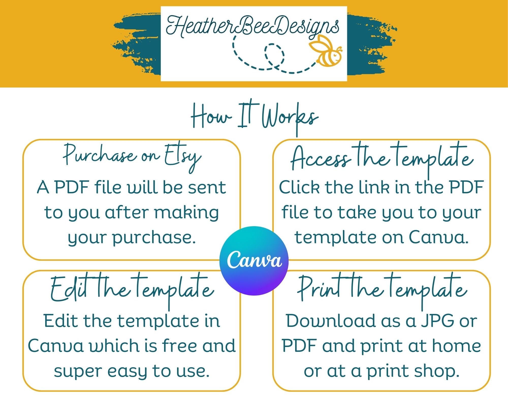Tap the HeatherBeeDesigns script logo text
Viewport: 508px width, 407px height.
click(253, 27)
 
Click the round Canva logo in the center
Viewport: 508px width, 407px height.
click(254, 261)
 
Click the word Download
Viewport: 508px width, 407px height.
click(330, 321)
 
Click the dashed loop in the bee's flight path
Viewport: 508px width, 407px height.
click(274, 55)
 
